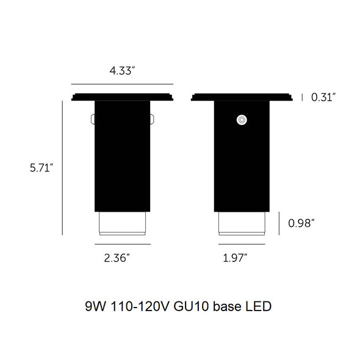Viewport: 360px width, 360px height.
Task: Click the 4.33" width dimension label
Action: coord(122,71)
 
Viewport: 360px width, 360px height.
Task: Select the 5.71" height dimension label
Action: coord(42,168)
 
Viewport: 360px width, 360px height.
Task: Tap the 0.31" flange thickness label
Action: coord(323,97)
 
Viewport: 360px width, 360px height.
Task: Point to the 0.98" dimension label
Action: coord(301,223)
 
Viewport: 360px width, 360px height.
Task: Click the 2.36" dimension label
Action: coord(117,258)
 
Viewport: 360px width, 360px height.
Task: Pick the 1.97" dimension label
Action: coord(235,258)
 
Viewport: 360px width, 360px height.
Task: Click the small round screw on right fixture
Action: coord(242,120)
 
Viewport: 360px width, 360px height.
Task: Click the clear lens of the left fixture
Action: coord(123,223)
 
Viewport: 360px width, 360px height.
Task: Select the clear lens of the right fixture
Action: coord(242,223)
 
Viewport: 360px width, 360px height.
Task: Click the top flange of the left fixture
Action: coord(123,96)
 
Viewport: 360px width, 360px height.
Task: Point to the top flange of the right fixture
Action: coord(242,96)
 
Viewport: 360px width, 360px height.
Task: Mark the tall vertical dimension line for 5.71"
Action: coord(63,168)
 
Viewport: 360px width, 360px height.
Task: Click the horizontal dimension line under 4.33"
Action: coord(123,84)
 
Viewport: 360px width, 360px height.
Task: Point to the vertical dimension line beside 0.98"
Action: coord(279,223)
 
